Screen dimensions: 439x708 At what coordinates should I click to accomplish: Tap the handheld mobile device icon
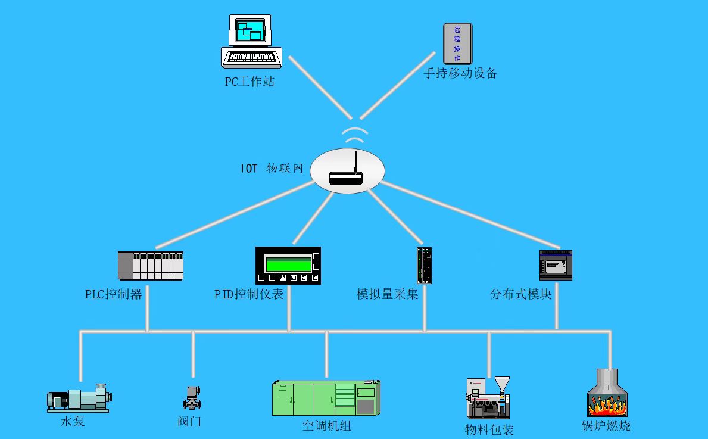(457, 43)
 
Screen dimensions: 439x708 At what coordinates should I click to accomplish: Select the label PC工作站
(249, 82)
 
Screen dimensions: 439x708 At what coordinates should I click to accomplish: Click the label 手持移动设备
(460, 73)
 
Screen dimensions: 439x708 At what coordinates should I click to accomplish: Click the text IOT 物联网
(272, 169)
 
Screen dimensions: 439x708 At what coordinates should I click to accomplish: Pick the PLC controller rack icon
(151, 266)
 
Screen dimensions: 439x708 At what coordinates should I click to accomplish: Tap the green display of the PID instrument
(288, 263)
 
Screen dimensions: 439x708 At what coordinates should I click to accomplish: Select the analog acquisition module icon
(424, 266)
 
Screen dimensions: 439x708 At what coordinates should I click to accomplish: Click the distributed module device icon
(556, 265)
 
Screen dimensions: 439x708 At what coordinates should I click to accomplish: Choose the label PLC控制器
(114, 294)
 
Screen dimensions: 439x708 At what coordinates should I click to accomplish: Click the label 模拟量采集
(387, 294)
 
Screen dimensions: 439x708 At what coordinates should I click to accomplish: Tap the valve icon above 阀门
(192, 397)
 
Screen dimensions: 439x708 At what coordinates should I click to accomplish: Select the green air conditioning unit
(326, 398)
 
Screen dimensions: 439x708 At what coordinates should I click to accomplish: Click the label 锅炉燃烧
(606, 426)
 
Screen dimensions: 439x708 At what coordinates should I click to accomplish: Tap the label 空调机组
(326, 426)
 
